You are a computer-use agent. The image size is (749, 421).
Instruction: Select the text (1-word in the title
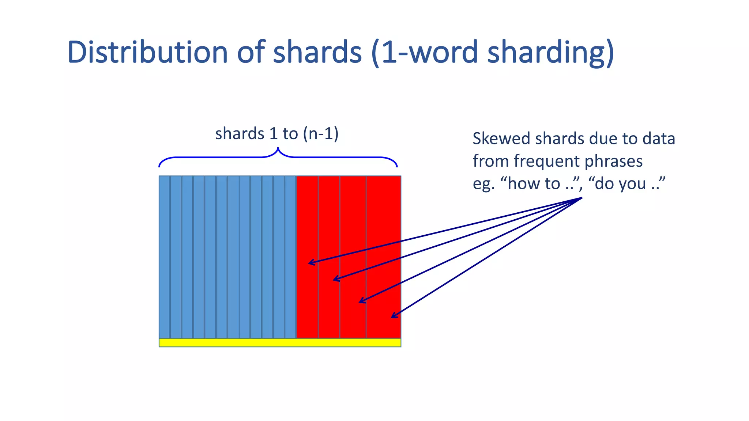point(424,52)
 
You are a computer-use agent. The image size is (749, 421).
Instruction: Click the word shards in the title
point(317,52)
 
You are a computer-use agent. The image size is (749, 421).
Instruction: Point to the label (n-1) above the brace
point(320,133)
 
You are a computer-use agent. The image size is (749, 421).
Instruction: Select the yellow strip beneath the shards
point(280,342)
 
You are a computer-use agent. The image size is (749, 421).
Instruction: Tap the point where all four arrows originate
point(581,198)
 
